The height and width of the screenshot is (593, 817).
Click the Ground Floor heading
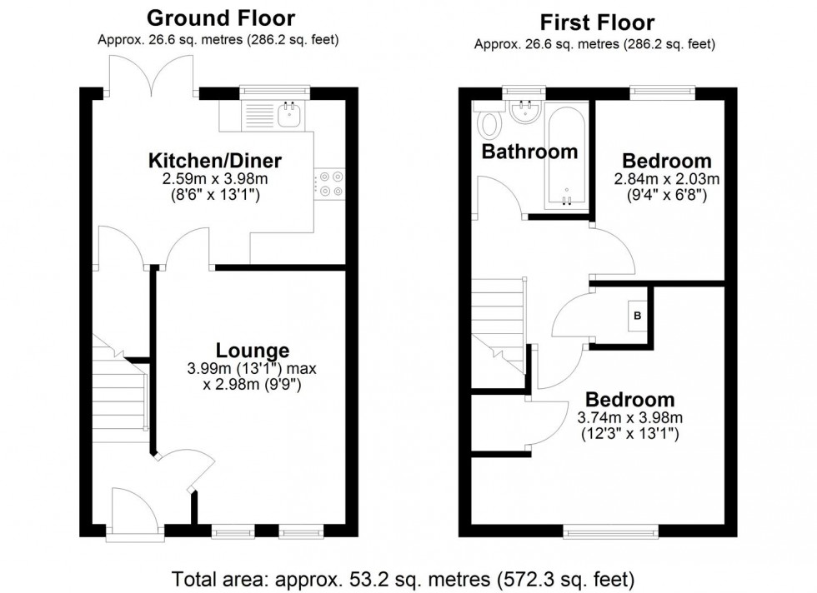[220, 17]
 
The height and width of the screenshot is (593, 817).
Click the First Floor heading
[597, 22]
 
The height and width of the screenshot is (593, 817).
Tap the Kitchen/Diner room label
[215, 161]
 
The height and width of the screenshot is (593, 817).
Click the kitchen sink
[290, 117]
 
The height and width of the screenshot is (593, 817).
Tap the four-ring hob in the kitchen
[328, 183]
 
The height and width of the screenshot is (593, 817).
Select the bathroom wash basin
[525, 115]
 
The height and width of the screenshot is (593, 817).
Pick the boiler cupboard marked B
[638, 316]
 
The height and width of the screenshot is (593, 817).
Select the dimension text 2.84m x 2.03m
[668, 179]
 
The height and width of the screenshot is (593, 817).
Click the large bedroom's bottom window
[597, 530]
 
